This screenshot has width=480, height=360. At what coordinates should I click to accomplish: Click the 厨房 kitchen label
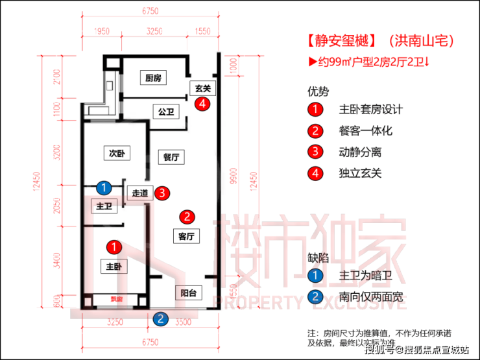[153, 78]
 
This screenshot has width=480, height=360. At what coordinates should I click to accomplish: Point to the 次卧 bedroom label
[117, 154]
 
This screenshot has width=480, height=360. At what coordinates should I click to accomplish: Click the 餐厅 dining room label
[171, 157]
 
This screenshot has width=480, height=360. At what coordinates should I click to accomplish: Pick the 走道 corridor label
[141, 193]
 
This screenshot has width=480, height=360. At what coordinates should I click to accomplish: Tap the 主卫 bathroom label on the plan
[104, 206]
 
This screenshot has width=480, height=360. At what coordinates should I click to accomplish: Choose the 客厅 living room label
[186, 236]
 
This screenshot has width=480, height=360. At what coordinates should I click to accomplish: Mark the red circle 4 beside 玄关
[204, 103]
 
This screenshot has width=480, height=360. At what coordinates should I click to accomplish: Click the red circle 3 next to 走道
[163, 193]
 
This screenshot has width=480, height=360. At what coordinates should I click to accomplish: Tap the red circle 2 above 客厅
[186, 217]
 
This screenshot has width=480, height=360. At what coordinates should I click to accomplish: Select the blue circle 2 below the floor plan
[160, 318]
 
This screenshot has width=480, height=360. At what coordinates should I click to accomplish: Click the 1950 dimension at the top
[102, 30]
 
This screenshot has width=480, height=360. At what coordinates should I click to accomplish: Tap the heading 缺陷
[318, 257]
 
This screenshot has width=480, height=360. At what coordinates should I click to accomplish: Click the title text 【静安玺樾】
[342, 41]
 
